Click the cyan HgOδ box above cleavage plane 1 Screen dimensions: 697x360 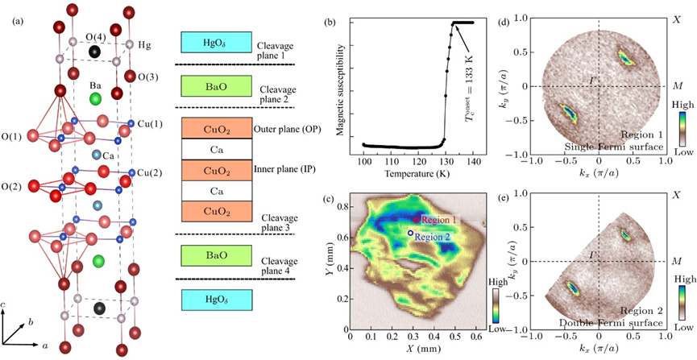216,42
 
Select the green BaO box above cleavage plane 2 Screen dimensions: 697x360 216,86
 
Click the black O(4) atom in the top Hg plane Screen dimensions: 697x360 94,52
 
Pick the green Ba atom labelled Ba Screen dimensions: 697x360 95,99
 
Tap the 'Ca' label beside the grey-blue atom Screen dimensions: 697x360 108,156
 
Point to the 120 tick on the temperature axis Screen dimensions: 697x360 417,161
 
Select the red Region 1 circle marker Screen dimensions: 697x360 416,220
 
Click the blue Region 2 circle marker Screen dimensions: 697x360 411,233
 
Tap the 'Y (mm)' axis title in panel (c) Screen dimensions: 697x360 330,263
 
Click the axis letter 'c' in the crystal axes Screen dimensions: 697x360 3,306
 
